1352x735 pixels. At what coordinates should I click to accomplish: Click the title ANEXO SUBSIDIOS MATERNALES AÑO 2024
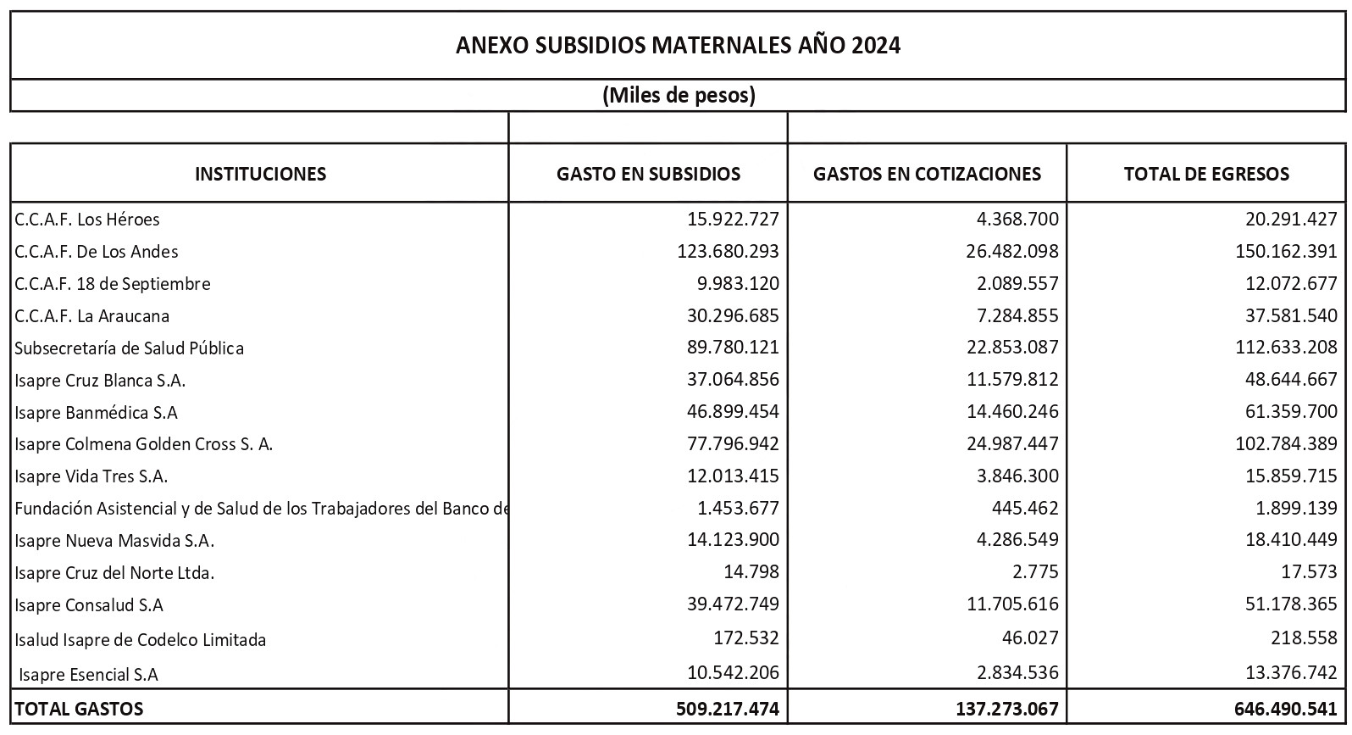tap(678, 45)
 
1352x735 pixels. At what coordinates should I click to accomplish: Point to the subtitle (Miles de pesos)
tap(678, 95)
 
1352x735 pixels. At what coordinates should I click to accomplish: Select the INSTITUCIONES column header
tap(260, 174)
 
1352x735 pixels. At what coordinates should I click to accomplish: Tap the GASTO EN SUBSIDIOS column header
tap(648, 174)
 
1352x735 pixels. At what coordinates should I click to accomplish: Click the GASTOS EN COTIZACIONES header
tap(927, 174)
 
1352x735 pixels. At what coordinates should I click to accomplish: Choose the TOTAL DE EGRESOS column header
tap(1206, 174)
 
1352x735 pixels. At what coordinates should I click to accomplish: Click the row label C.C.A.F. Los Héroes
tap(87, 220)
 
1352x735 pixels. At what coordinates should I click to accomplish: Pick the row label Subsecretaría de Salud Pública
tap(129, 348)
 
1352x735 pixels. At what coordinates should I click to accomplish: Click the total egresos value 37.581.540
tap(1291, 316)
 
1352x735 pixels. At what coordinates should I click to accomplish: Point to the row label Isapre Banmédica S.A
tap(96, 413)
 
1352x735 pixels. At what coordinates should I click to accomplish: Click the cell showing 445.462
tap(1029, 509)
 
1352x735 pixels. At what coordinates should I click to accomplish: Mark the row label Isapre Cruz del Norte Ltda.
tap(114, 573)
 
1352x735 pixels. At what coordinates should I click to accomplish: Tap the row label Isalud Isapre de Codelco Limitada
tap(140, 640)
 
